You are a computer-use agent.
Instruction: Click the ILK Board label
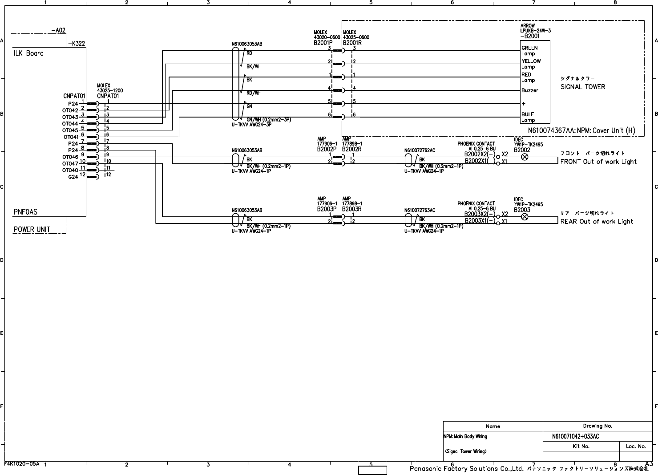[28, 53]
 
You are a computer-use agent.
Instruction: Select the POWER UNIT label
[32, 230]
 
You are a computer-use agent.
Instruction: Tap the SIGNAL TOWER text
[583, 87]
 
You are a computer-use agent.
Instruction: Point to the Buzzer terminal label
[530, 90]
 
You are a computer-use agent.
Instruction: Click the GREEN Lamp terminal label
[529, 51]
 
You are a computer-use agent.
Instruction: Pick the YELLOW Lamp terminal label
[531, 64]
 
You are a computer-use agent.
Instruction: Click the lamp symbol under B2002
[525, 157]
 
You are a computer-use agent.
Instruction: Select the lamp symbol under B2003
[525, 216]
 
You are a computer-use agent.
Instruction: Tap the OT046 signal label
[70, 157]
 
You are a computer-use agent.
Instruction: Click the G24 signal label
[73, 177]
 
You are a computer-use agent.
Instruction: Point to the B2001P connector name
[323, 43]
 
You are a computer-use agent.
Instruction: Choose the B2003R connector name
[351, 209]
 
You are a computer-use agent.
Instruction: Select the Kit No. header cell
[581, 446]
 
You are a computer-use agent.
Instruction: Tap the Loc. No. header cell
[636, 446]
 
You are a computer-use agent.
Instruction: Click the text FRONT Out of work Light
[598, 162]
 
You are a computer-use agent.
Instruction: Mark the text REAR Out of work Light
[597, 221]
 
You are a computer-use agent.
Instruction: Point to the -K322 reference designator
[77, 44]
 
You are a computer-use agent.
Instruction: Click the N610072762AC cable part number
[420, 150]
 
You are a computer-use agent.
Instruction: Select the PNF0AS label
[25, 212]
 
